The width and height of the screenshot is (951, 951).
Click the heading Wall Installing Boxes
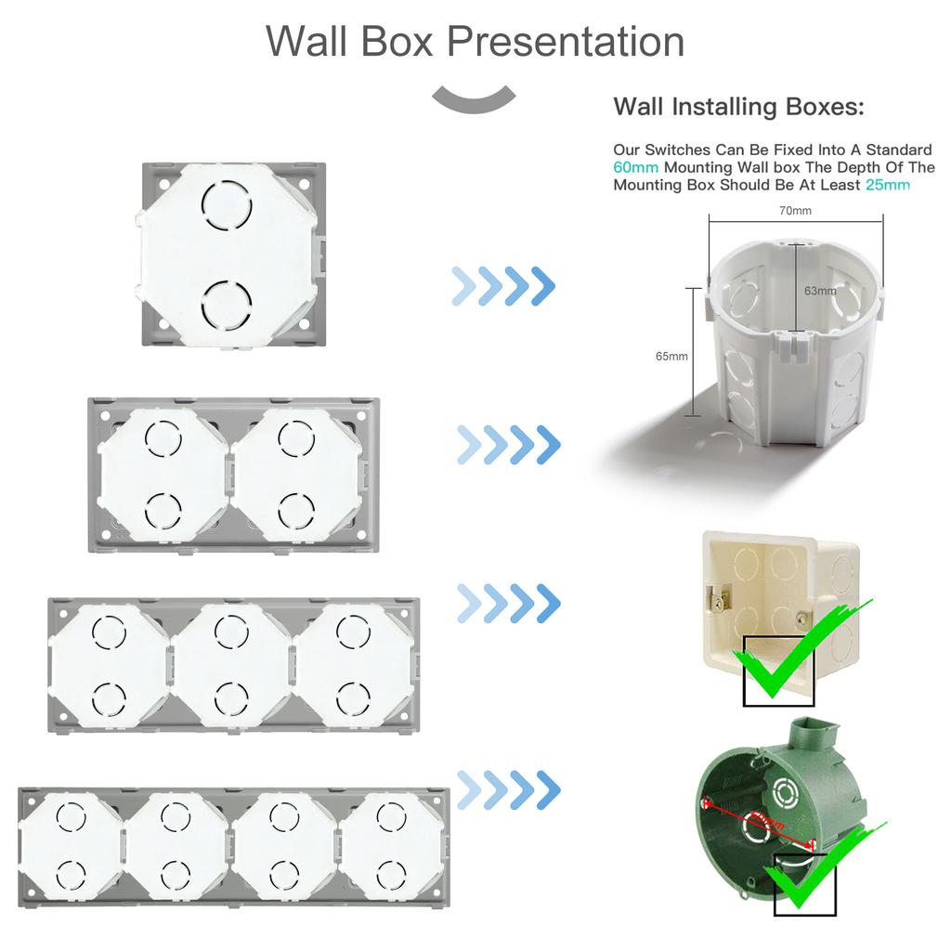738,107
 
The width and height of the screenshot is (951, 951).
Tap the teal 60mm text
636,168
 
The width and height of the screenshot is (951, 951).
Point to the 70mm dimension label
794,211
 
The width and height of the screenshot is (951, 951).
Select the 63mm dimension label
820,291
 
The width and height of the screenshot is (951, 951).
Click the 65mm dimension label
671,356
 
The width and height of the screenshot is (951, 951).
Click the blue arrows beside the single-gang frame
502,285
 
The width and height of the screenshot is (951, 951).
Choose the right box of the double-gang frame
296,473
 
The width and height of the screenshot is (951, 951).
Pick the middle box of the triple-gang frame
232,664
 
